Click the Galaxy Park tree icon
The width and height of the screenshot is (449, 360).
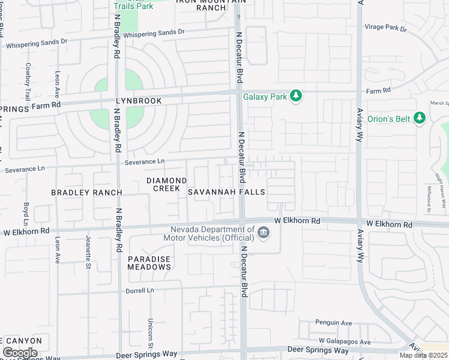pyautogui.click(x=295, y=96)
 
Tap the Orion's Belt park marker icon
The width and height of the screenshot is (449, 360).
pyautogui.click(x=420, y=119)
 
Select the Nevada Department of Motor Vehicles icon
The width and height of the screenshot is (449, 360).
pyautogui.click(x=263, y=233)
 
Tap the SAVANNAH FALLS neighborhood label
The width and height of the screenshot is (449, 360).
pyautogui.click(x=226, y=192)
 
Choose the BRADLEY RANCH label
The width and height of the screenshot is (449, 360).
pyautogui.click(x=86, y=193)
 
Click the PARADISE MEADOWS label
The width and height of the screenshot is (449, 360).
pyautogui.click(x=149, y=263)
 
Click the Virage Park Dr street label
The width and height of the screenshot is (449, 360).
pyautogui.click(x=386, y=28)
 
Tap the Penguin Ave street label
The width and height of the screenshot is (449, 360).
pyautogui.click(x=333, y=323)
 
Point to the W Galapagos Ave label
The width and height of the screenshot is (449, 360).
pyautogui.click(x=345, y=341)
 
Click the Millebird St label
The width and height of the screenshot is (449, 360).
pyautogui.click(x=429, y=198)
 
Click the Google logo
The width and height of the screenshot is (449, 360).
pyautogui.click(x=20, y=353)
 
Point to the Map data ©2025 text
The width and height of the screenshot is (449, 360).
pyautogui.click(x=423, y=355)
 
